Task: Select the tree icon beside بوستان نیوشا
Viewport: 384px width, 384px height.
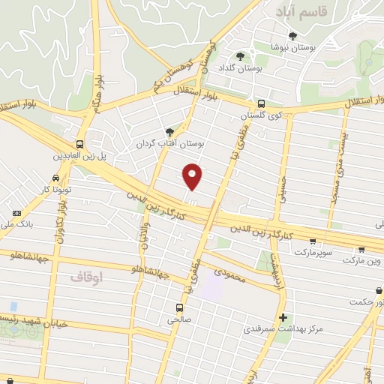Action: (x=292, y=35)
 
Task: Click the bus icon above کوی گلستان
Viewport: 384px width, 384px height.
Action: (x=261, y=104)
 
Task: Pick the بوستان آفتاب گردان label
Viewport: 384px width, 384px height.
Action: (x=170, y=142)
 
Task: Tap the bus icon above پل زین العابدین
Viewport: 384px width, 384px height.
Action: (x=79, y=144)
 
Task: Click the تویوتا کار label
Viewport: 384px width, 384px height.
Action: (x=55, y=189)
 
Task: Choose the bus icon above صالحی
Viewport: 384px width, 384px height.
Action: (x=179, y=307)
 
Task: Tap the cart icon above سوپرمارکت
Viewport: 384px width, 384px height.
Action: (x=313, y=241)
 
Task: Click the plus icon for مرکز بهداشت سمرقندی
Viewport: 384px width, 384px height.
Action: (x=282, y=317)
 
